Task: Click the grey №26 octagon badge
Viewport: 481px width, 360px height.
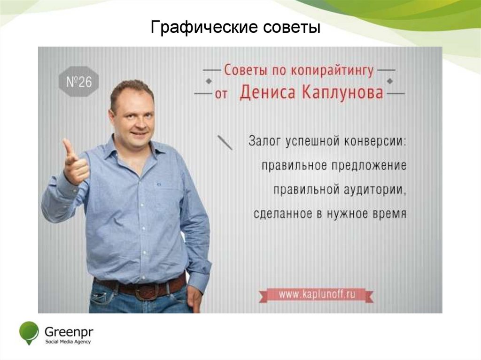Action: click(78, 83)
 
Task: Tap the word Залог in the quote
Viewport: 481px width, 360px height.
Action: click(265, 141)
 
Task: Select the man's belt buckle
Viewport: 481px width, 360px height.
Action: click(144, 291)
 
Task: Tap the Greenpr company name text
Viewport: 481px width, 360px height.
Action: click(69, 331)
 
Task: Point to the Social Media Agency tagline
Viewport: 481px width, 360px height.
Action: click(68, 342)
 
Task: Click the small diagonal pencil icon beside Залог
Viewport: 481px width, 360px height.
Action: click(225, 142)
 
